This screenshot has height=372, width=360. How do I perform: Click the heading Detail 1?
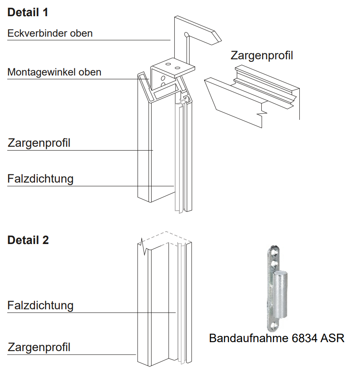(28, 12)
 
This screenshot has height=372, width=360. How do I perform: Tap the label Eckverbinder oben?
(50, 33)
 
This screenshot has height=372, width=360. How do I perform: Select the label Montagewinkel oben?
(54, 72)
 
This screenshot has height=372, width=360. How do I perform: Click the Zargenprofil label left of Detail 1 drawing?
(39, 143)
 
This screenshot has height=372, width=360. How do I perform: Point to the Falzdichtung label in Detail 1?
(40, 178)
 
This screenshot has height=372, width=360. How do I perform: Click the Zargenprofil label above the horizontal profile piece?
(262, 55)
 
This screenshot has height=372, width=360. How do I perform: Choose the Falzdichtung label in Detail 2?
(40, 305)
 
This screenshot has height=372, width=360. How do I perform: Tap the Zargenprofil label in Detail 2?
(39, 347)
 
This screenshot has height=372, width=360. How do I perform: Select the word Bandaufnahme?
(247, 338)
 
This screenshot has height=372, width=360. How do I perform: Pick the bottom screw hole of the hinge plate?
(272, 326)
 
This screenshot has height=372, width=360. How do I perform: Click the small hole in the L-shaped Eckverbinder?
(186, 34)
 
